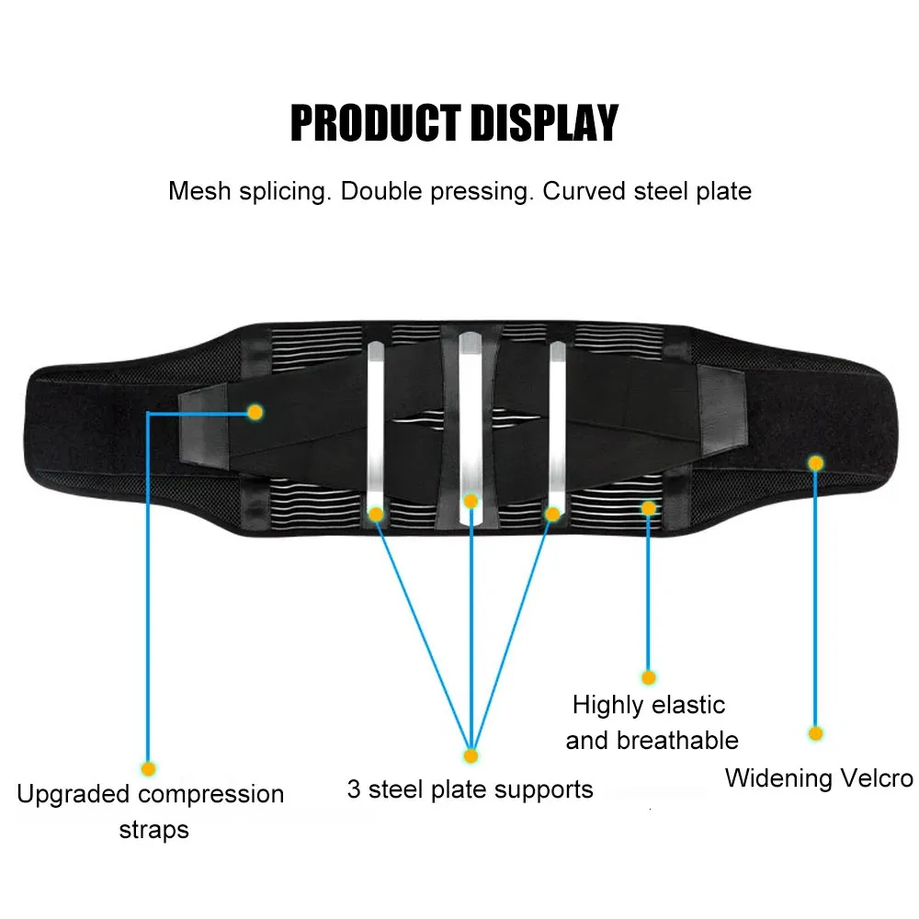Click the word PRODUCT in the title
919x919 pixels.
pyautogui.click(x=376, y=123)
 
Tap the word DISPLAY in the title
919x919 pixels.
pyautogui.click(x=544, y=123)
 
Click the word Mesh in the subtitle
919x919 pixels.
pyautogui.click(x=199, y=191)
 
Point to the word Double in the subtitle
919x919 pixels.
pyautogui.click(x=381, y=191)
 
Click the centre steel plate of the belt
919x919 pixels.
pyautogui.click(x=471, y=428)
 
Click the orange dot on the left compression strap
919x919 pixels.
pyautogui.click(x=255, y=413)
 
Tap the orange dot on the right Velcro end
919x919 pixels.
pyautogui.click(x=815, y=463)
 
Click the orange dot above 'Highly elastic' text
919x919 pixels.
pyautogui.click(x=648, y=677)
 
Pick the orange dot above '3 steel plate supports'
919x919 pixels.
pyautogui.click(x=471, y=756)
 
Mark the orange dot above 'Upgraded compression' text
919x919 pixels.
pyautogui.click(x=148, y=769)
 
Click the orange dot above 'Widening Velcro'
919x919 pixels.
pyautogui.click(x=815, y=733)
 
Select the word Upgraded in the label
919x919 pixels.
pyautogui.click(x=74, y=795)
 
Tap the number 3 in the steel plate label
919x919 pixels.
pyautogui.click(x=354, y=789)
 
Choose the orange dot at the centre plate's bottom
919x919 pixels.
pyautogui.click(x=471, y=501)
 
